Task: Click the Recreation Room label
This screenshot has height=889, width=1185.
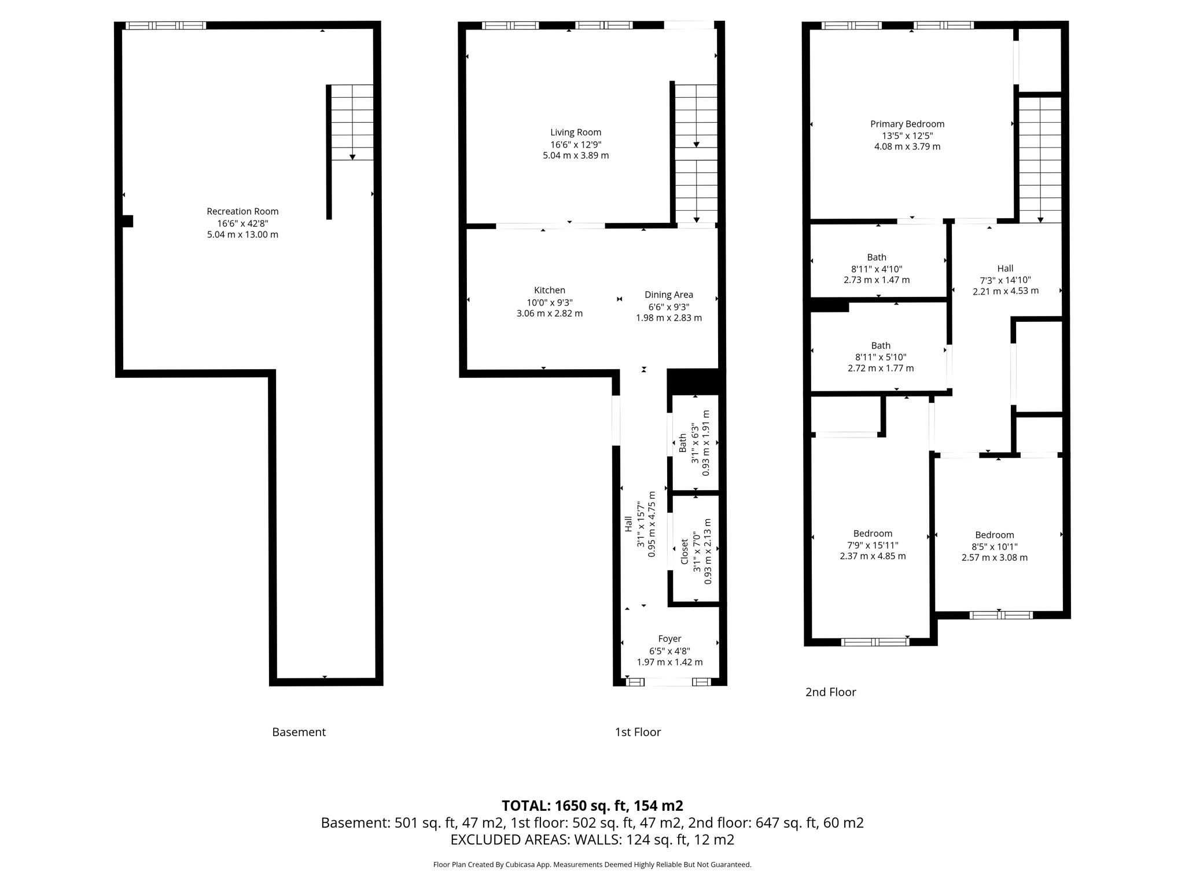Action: click(242, 211)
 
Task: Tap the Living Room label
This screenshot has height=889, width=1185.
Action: click(575, 133)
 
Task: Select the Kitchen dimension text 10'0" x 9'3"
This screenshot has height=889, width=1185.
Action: click(549, 303)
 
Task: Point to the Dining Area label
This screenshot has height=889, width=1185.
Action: click(668, 295)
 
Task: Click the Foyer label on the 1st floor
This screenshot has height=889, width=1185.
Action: click(669, 639)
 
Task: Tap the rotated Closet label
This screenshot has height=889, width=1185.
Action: click(684, 552)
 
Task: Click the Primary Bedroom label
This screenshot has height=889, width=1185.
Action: click(907, 124)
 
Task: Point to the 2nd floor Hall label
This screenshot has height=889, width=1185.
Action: click(1005, 269)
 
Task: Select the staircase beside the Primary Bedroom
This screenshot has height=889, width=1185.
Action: click(1040, 159)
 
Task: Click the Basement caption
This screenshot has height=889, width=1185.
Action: click(299, 732)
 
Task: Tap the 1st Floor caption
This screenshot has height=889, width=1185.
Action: click(638, 732)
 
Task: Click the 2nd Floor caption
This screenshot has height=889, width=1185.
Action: click(830, 692)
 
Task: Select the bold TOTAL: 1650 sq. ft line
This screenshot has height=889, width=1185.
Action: click(592, 806)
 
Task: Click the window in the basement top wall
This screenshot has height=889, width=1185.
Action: click(166, 25)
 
